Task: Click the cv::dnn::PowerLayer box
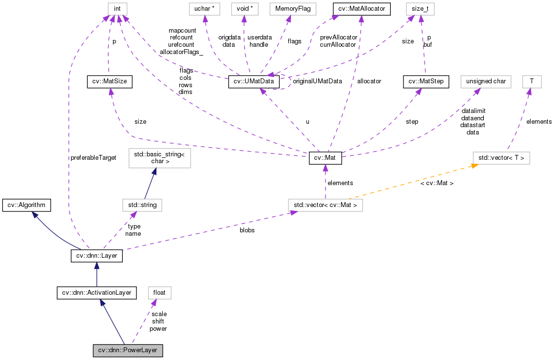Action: pyautogui.click(x=128, y=350)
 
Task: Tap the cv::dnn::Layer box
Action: pyautogui.click(x=96, y=255)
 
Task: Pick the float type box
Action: pyautogui.click(x=159, y=293)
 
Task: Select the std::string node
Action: pyautogui.click(x=142, y=205)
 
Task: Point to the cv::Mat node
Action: pyautogui.click(x=325, y=158)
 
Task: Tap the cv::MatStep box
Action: pyautogui.click(x=426, y=82)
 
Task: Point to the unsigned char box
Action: pyautogui.click(x=486, y=82)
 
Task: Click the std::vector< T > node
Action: pyautogui.click(x=501, y=158)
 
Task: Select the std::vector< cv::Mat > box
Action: pyautogui.click(x=325, y=205)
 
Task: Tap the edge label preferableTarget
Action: pyautogui.click(x=94, y=158)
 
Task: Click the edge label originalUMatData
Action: pyautogui.click(x=318, y=81)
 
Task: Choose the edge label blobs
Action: pyautogui.click(x=247, y=230)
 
